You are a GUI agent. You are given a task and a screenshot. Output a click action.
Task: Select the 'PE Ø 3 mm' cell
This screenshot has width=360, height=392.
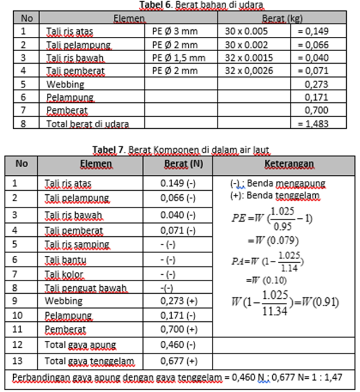tap(175, 31)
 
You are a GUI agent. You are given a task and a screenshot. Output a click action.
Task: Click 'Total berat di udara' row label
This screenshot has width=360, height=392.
tap(87, 124)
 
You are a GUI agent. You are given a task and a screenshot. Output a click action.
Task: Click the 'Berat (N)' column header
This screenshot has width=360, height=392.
tap(178, 164)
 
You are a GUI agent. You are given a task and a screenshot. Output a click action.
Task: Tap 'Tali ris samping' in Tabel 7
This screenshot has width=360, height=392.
tap(76, 244)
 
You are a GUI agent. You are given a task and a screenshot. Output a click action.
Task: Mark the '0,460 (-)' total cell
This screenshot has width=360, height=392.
tap(178, 345)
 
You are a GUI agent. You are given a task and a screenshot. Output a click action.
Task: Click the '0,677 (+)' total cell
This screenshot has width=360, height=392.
tap(178, 361)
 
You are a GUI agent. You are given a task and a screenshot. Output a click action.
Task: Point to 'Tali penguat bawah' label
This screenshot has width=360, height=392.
tap(86, 287)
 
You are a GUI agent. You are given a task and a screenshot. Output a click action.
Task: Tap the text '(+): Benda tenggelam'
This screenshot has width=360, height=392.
tap(275, 196)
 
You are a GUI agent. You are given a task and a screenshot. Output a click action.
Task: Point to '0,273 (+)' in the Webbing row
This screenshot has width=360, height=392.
tap(178, 301)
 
